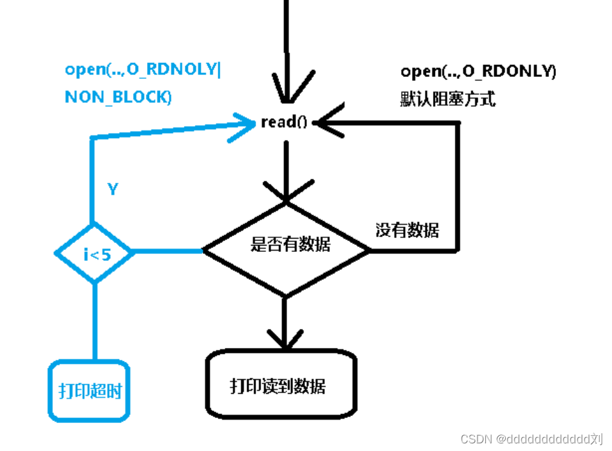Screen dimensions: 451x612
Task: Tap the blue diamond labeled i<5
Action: pos(95,253)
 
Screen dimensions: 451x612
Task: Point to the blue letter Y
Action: pos(113,190)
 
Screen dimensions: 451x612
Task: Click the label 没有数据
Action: pos(407,230)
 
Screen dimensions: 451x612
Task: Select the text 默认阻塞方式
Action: pos(448,99)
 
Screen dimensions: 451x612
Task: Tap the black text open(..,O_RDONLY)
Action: pos(478,72)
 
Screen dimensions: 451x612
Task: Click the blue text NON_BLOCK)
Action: pos(118,97)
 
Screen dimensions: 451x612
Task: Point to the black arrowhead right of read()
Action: pos(328,121)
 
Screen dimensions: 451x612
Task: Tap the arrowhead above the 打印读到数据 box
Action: pos(285,338)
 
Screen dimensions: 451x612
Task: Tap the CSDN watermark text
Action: pos(531,438)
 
